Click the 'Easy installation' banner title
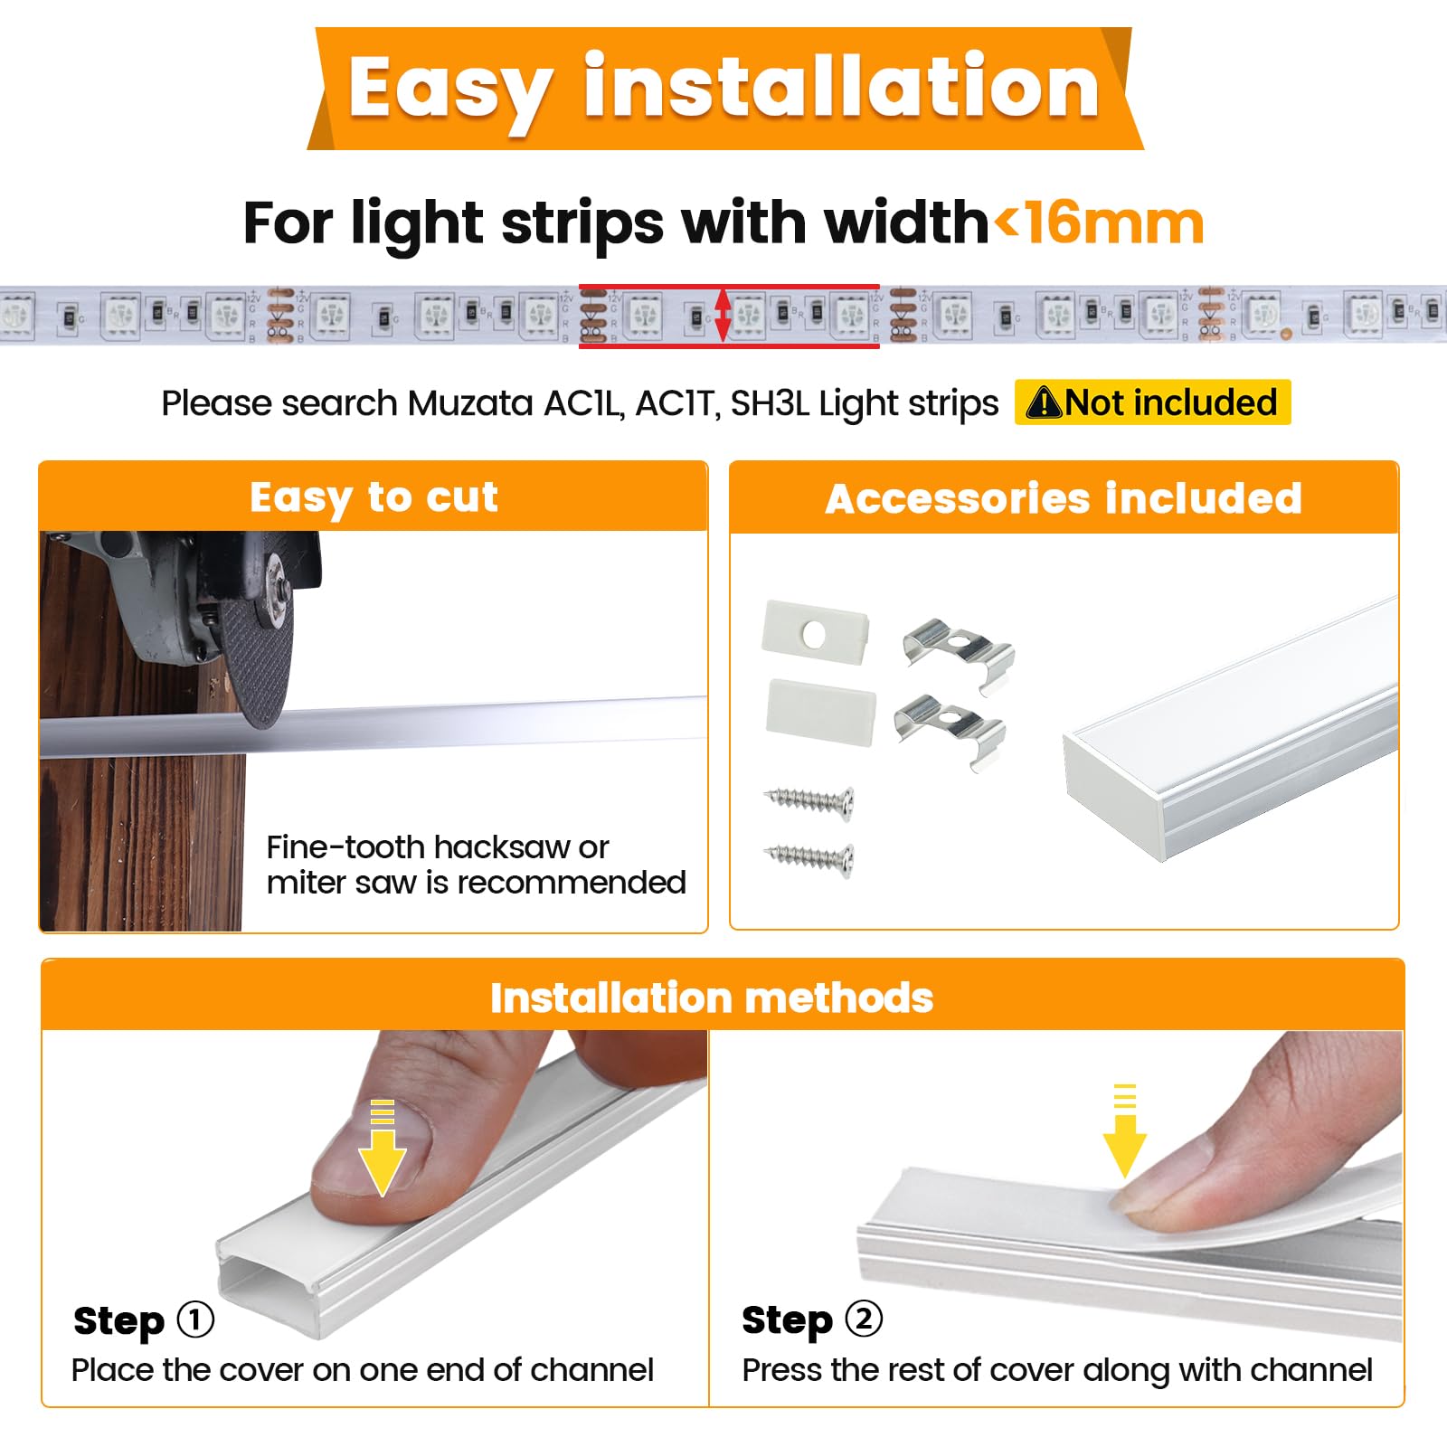[x=723, y=88]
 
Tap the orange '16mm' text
[x=1114, y=223]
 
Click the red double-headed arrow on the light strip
[x=723, y=315]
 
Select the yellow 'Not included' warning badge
[x=1152, y=402]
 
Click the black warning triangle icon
[x=1044, y=402]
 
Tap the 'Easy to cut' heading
[x=374, y=498]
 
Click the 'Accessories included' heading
[x=1064, y=498]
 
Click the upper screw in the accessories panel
[x=810, y=801]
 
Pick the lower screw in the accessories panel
[x=810, y=858]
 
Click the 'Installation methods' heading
[x=712, y=998]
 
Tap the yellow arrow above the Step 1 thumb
[x=383, y=1148]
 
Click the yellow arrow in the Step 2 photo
[x=1124, y=1130]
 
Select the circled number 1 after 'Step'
[x=195, y=1319]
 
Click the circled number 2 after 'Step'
[x=864, y=1319]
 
